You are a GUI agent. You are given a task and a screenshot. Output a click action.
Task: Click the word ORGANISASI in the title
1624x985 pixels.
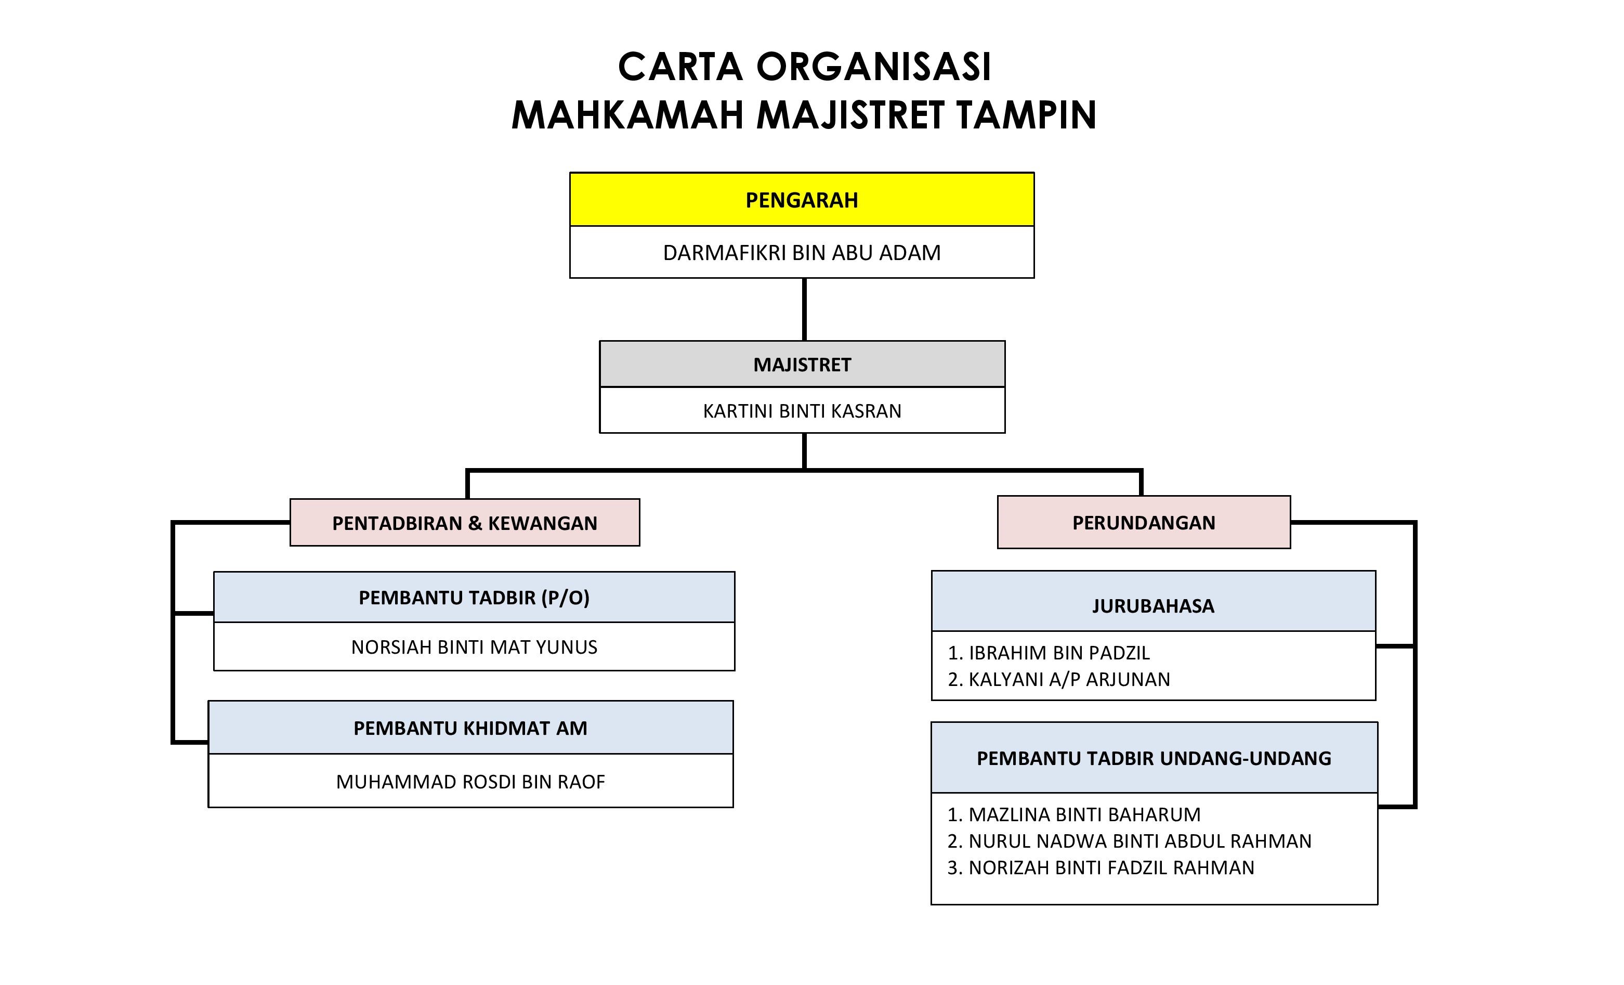pyautogui.click(x=873, y=67)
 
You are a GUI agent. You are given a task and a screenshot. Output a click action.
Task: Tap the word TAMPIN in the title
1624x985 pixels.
pyautogui.click(x=1026, y=115)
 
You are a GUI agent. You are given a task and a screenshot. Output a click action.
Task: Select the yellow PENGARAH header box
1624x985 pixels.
pyautogui.click(x=802, y=199)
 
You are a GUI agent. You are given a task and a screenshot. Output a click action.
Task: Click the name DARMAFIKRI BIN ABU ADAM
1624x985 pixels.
pyautogui.click(x=802, y=253)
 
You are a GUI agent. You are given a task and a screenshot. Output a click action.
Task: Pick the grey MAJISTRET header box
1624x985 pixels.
pyautogui.click(x=802, y=364)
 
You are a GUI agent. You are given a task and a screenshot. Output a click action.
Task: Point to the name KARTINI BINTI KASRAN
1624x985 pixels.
pyautogui.click(x=802, y=411)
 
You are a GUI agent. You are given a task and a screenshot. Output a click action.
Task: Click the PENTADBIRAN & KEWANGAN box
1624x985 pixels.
pyautogui.click(x=465, y=522)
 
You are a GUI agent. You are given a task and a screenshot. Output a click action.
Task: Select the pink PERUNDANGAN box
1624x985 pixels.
pyautogui.click(x=1144, y=522)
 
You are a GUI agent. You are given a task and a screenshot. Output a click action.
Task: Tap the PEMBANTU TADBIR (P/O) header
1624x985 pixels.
pyautogui.click(x=475, y=598)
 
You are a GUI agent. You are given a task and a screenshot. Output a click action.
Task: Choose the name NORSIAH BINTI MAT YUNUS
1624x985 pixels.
pyautogui.click(x=475, y=647)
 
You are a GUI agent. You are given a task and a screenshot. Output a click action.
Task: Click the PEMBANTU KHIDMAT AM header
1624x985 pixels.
pyautogui.click(x=470, y=728)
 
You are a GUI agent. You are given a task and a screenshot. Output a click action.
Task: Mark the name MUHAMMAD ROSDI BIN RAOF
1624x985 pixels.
pyautogui.click(x=470, y=781)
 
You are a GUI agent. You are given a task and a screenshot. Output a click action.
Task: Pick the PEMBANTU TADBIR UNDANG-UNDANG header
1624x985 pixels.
pyautogui.click(x=1154, y=758)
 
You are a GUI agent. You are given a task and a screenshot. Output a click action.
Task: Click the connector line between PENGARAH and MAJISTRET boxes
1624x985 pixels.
pyautogui.click(x=804, y=309)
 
